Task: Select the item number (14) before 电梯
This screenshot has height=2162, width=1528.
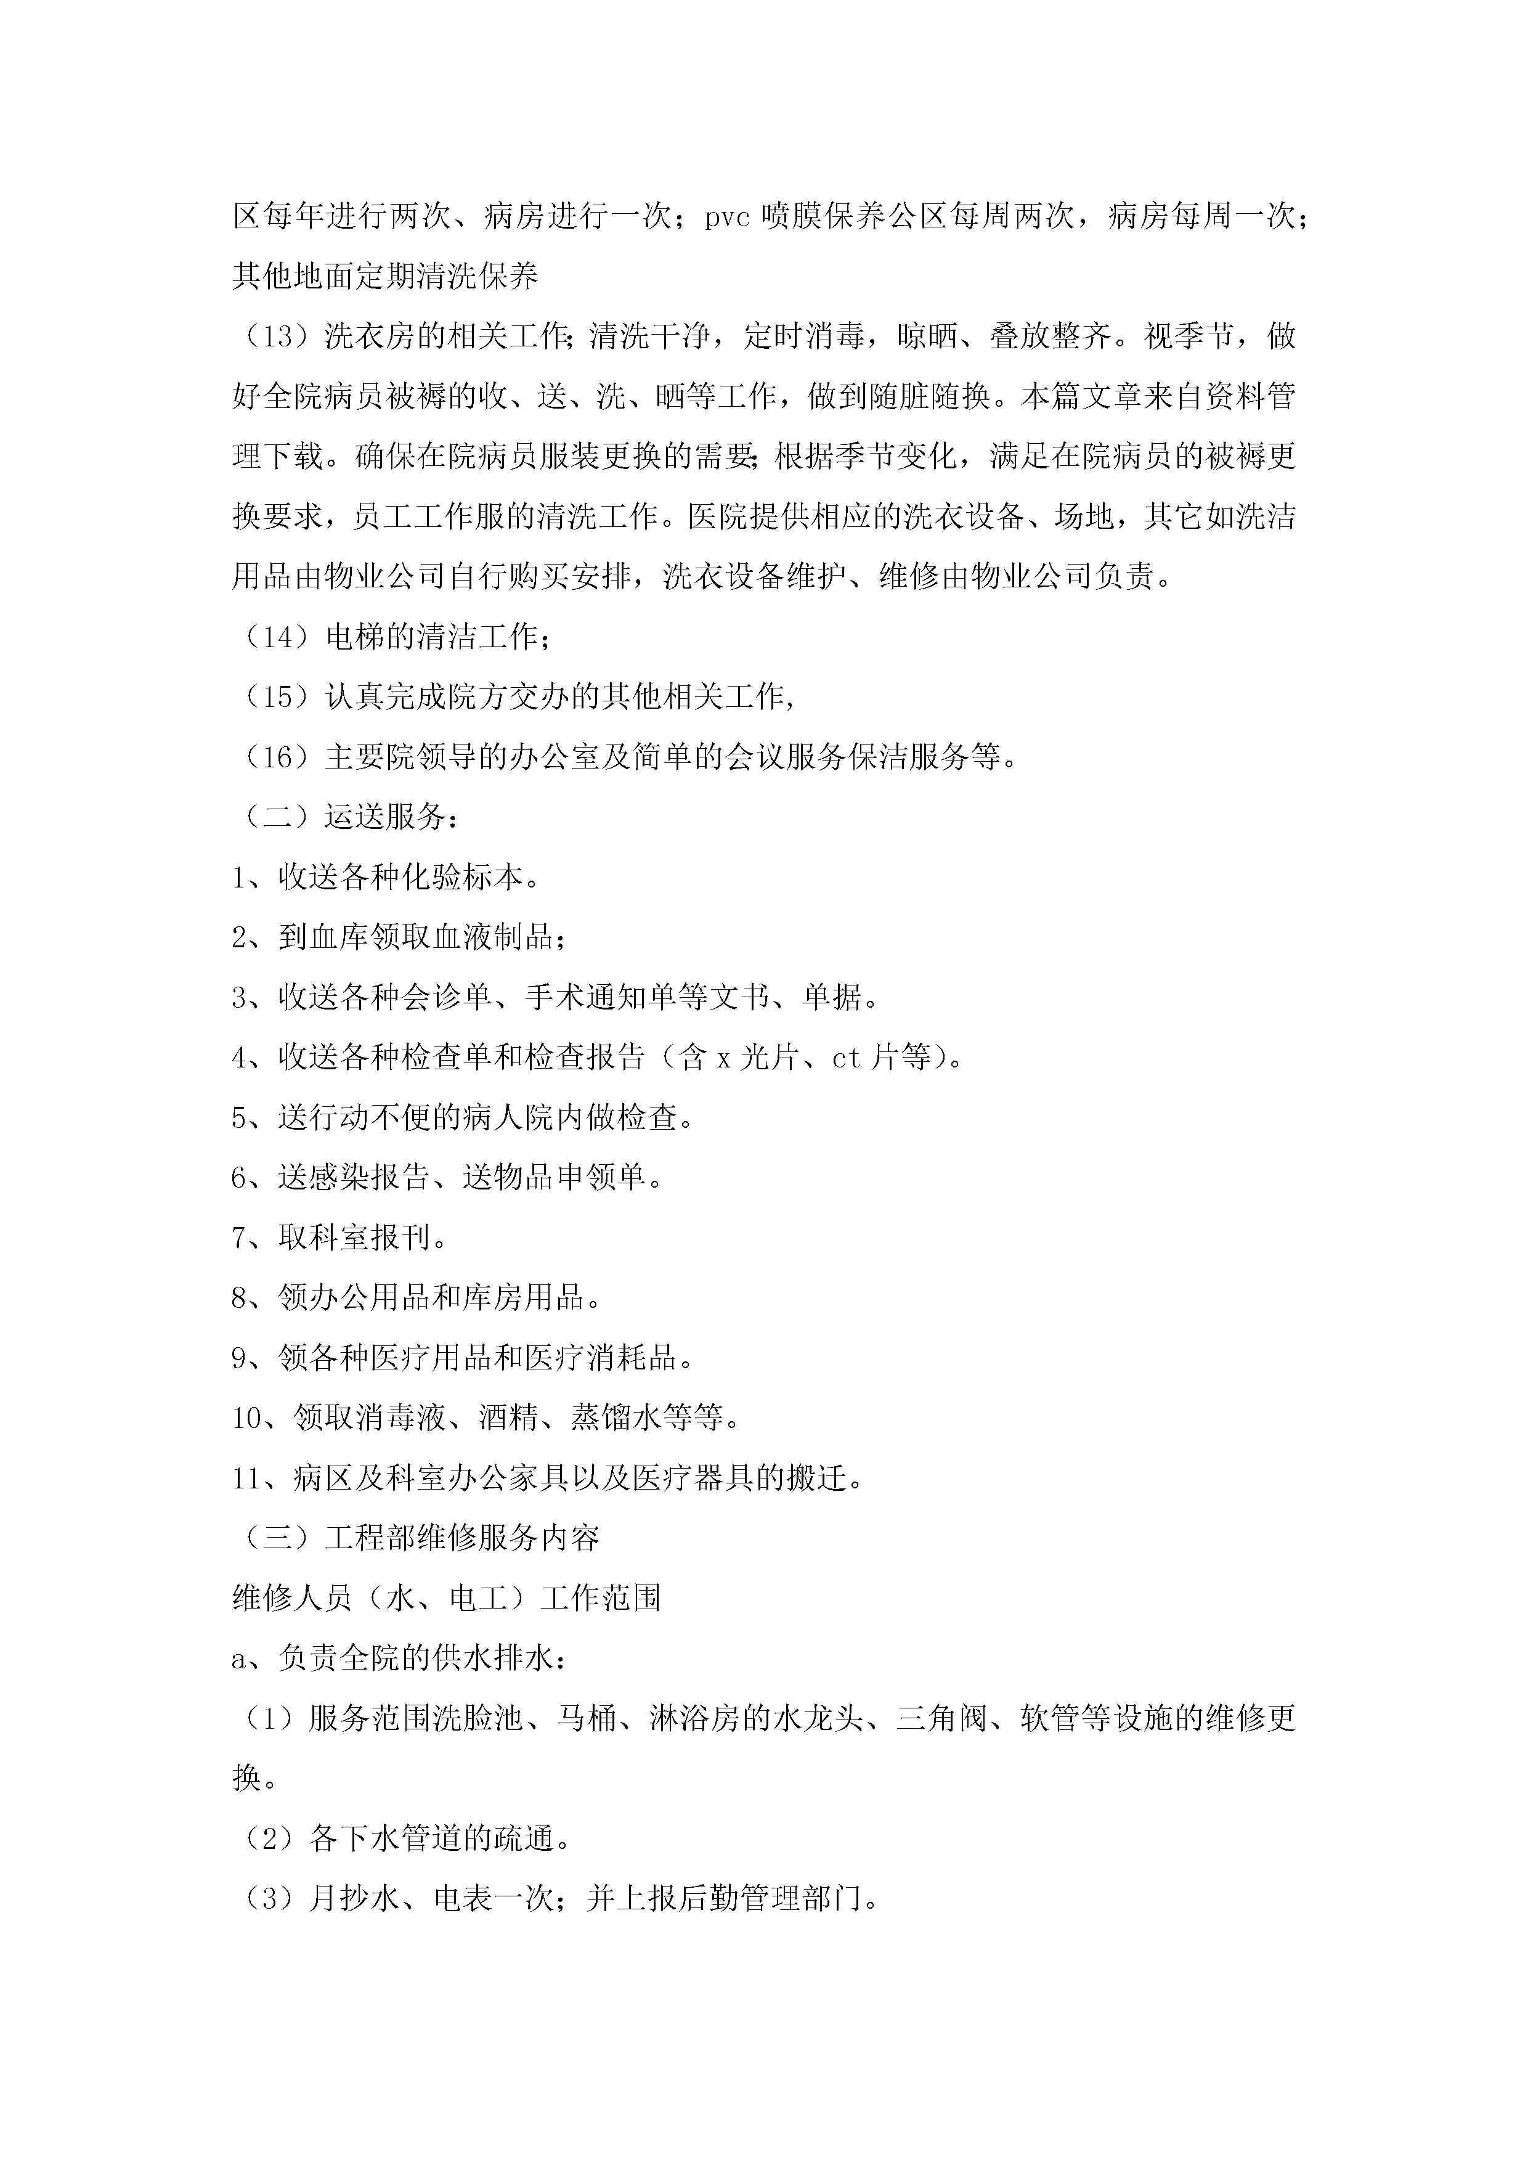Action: (278, 637)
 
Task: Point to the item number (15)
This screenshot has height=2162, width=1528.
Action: (278, 698)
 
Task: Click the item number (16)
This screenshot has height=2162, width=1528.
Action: (278, 757)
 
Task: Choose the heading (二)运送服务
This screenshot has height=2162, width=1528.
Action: (346, 817)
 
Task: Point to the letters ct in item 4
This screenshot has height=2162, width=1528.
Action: (847, 1058)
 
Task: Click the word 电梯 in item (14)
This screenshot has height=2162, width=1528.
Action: (355, 637)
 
